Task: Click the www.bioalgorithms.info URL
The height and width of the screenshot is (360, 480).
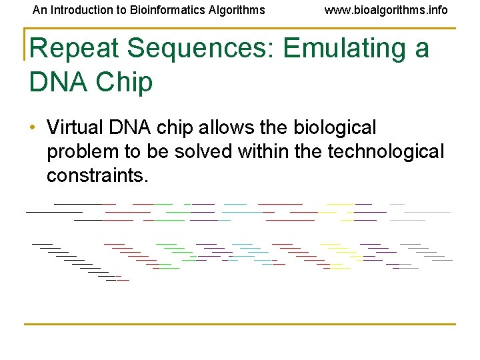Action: coord(386,10)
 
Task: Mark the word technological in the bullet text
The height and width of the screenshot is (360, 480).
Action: coord(386,152)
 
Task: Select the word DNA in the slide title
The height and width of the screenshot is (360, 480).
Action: coord(56,82)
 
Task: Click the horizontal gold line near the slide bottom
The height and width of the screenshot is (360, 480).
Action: coord(240,325)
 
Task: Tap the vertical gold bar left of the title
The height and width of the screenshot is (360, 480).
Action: coord(25,44)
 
